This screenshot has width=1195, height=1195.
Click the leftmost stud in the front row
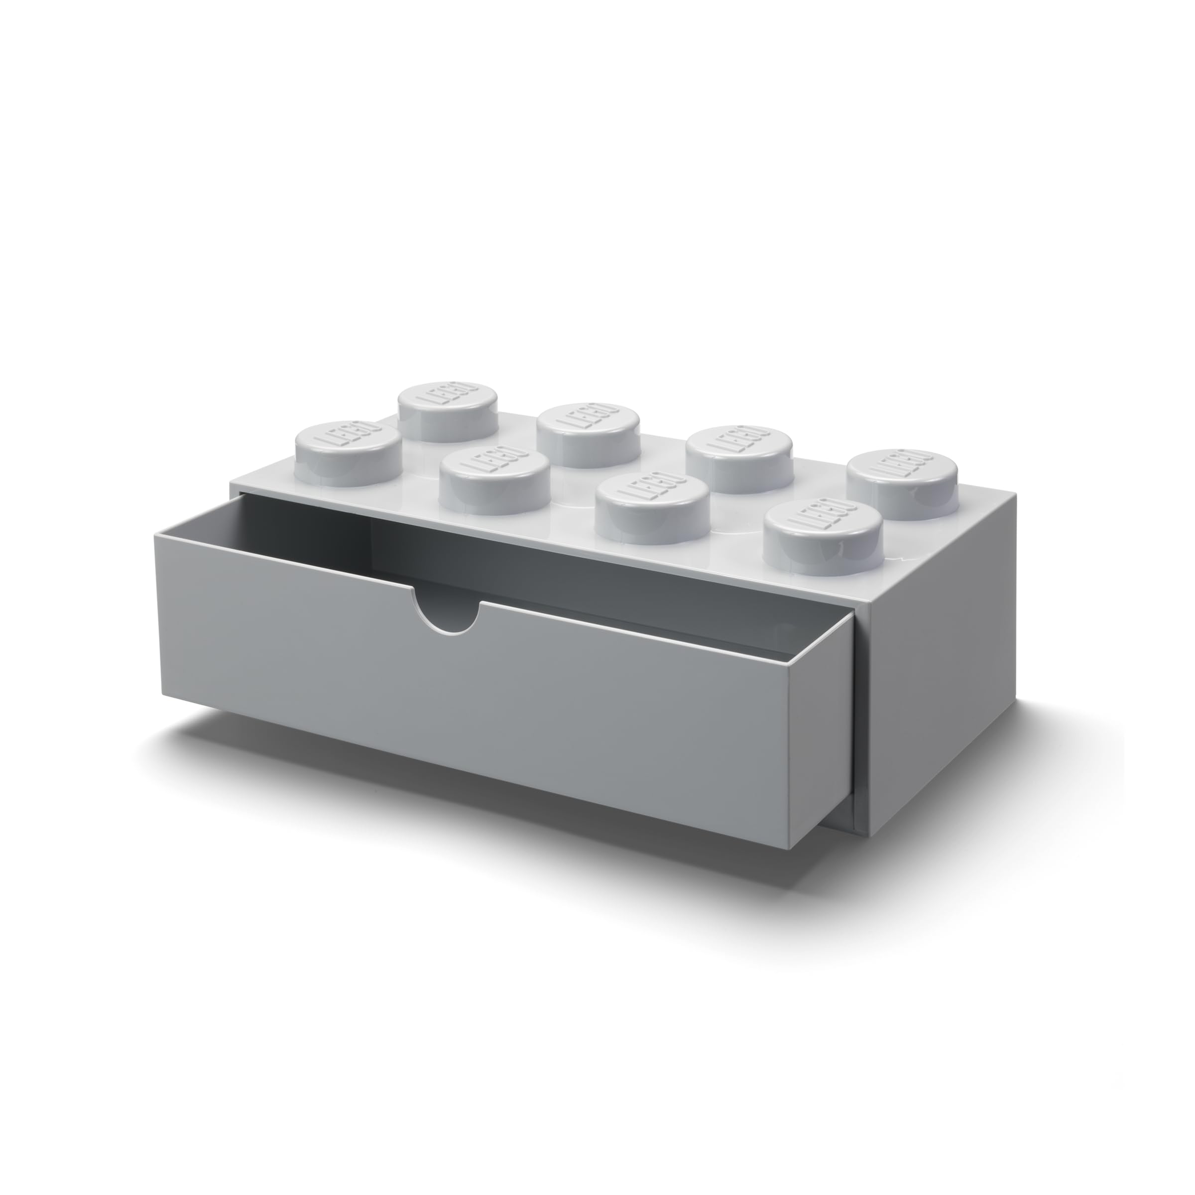348,444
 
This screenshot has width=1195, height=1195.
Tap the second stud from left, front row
495,483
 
